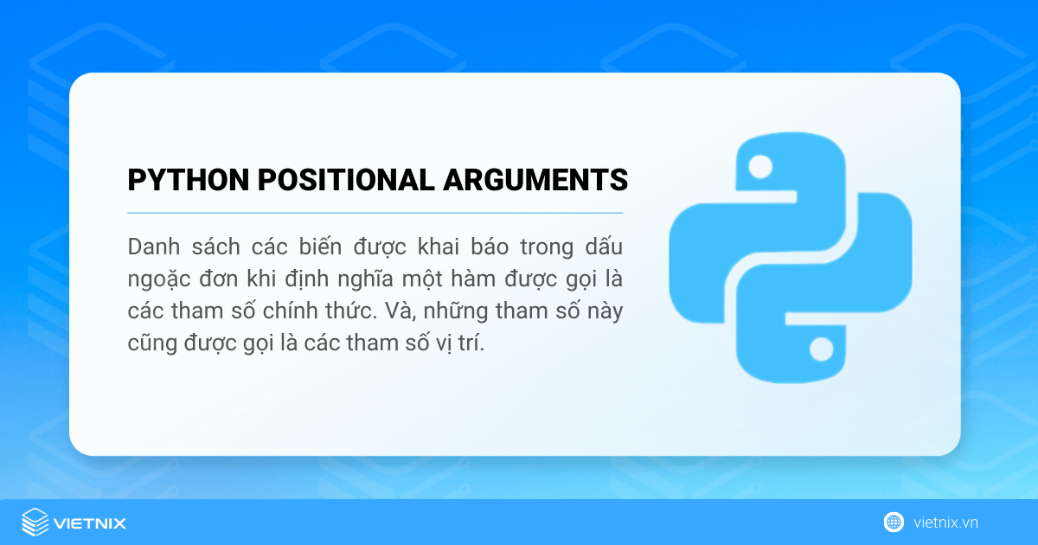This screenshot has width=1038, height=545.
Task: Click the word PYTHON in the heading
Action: click(x=181, y=180)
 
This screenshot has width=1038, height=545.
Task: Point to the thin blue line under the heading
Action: click(x=375, y=213)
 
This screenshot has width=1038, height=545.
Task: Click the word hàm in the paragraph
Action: click(x=458, y=280)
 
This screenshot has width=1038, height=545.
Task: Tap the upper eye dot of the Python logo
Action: click(x=760, y=165)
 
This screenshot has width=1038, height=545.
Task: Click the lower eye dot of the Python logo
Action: click(x=820, y=349)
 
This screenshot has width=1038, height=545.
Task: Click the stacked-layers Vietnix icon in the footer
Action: click(x=35, y=523)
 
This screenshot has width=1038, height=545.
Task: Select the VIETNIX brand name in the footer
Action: click(x=90, y=523)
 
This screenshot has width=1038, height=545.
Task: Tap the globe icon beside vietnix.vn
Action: click(x=894, y=523)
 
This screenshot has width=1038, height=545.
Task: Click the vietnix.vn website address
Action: click(x=945, y=523)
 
